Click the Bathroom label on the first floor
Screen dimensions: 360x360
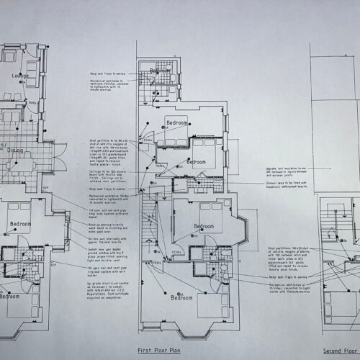coord(161,71)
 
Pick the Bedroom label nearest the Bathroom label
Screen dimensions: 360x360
coord(177,123)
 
